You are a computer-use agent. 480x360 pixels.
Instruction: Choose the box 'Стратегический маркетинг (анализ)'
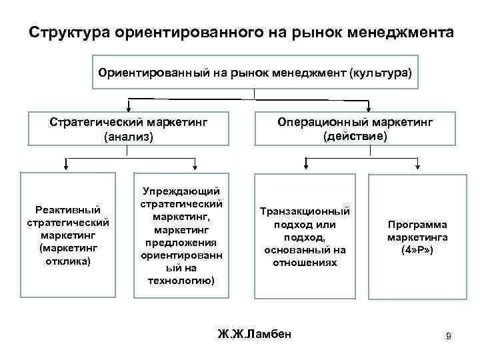pyautogui.click(x=128, y=129)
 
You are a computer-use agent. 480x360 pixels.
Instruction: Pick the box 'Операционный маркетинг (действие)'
pyautogui.click(x=355, y=129)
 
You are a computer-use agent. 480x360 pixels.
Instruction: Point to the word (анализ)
pyautogui.click(x=128, y=137)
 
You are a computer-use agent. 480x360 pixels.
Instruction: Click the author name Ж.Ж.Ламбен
pyautogui.click(x=255, y=333)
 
